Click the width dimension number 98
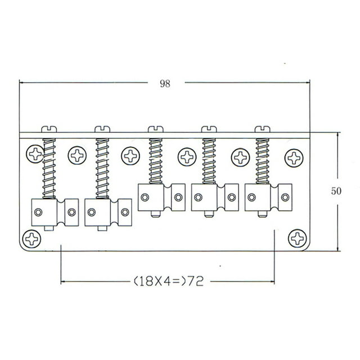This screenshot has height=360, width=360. pos(165,84)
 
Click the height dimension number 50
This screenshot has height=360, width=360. pos(336,191)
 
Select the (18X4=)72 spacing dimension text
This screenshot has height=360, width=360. pos(169,281)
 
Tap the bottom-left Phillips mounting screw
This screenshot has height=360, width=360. pos(32,239)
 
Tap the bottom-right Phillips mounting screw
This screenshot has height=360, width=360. pos(298,238)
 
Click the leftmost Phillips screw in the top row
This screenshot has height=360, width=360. pos(35,154)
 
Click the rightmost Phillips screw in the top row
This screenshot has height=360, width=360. pos(294,158)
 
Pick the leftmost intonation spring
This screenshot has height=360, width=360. pos(49,169)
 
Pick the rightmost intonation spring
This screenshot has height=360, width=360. pos(263,161)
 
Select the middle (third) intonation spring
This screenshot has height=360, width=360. pos(156,161)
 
